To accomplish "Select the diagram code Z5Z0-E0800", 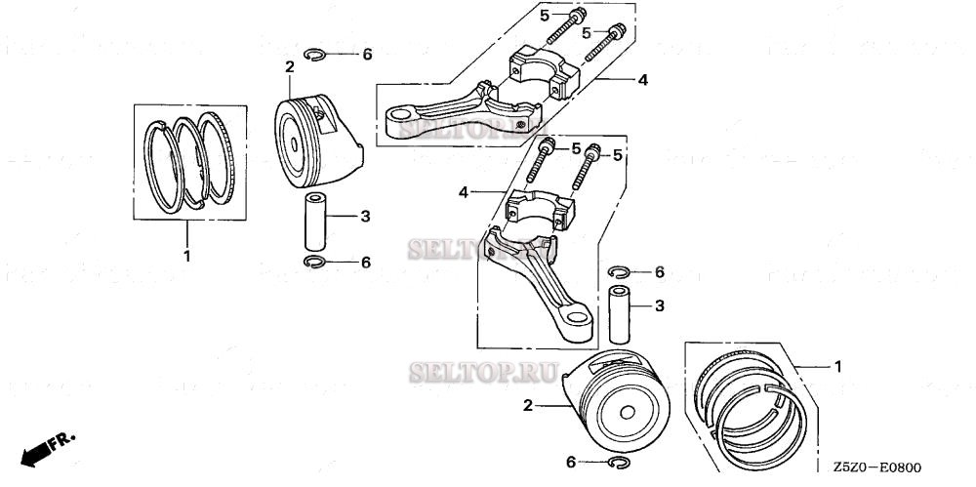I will pos(877,469).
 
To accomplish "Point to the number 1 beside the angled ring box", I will pos(836,366).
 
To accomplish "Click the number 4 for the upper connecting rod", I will pos(642,80).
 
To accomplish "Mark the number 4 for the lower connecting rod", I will pos(464,193).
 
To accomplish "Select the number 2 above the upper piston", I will pos(289,66).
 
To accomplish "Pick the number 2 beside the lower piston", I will pos(527,405).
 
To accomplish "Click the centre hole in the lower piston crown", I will pos(624,410).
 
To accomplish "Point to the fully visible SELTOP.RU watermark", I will pos(483,372).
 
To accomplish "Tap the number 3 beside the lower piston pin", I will pos(659,306).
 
